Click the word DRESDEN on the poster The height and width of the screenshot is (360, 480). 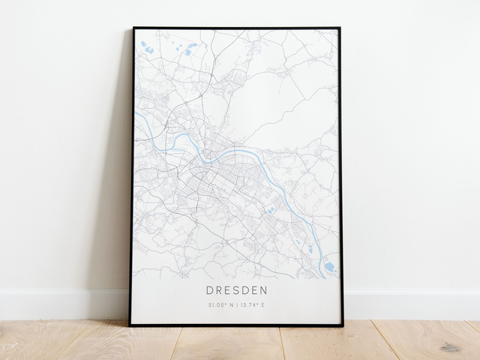(236, 289)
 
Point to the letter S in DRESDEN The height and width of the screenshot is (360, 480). (237, 289)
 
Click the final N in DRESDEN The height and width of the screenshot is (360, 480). (265, 289)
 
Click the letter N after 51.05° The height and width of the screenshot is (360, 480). (231, 305)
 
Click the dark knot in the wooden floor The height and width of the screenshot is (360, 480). (450, 347)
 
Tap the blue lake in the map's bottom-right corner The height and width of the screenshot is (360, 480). (330, 266)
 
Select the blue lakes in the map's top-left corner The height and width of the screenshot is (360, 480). (148, 49)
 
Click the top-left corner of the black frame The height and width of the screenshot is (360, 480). (133, 28)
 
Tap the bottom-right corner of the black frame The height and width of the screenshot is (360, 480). (342, 325)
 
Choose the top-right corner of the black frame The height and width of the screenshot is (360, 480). (340, 28)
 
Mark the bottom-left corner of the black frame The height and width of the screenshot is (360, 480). (130, 325)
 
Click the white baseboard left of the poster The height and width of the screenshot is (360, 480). (60, 304)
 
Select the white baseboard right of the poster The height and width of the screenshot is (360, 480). (412, 304)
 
